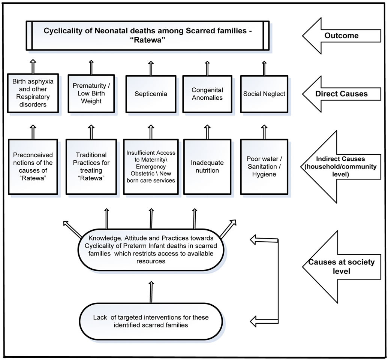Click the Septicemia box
151,94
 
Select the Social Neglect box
264,94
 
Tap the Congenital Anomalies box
207,94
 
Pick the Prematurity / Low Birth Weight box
91,93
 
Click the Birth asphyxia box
33,93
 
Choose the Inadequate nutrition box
207,167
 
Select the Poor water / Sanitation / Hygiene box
264,167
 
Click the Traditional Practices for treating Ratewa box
91,167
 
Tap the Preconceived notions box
33,167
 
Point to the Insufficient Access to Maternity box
151,167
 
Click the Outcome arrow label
342,36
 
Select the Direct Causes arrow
342,94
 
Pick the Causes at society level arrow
342,267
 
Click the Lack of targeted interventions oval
151,321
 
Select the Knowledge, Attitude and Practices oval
151,249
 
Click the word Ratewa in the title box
147,40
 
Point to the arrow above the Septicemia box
151,68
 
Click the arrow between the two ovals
151,292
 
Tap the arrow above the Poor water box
264,132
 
